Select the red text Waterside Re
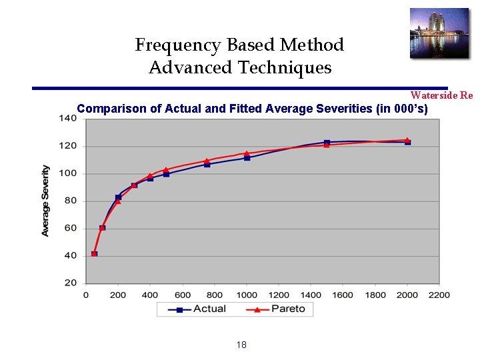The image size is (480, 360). [x=441, y=95]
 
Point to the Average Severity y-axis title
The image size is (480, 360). [x=45, y=201]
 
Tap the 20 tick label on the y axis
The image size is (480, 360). [x=70, y=283]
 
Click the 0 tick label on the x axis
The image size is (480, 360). [x=86, y=295]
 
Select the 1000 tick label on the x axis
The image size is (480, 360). [x=247, y=295]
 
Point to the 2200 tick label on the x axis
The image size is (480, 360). [x=439, y=295]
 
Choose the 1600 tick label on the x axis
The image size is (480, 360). [x=343, y=295]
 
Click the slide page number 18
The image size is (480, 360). [x=241, y=345]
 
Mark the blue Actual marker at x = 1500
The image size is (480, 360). [x=327, y=143]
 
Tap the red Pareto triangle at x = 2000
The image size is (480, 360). [x=407, y=140]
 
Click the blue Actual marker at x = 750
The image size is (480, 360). [x=207, y=164]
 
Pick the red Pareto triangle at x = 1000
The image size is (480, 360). [x=247, y=153]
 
